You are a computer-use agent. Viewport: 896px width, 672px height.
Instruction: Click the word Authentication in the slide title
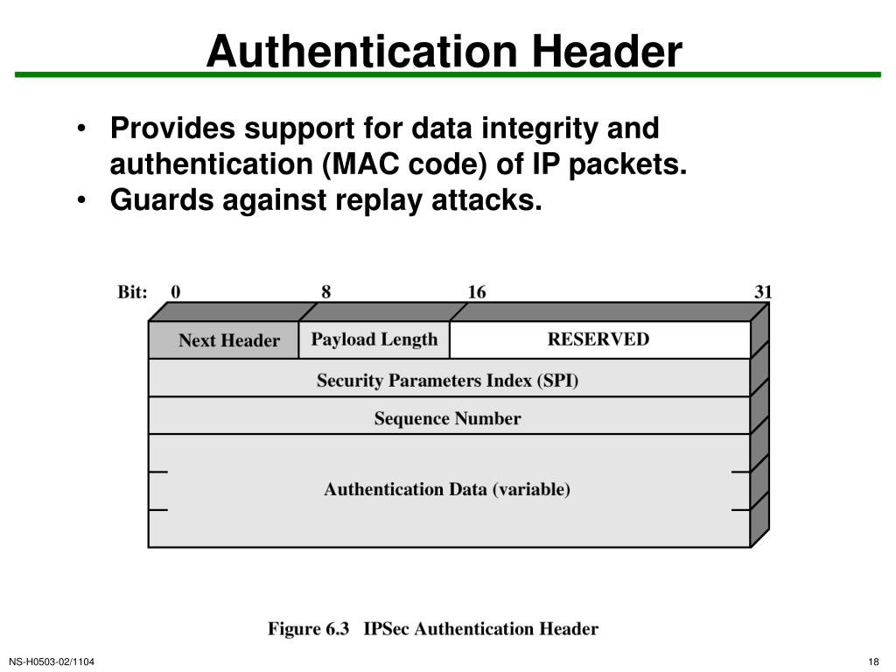356,52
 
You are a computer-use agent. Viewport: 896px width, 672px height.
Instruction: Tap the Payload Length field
374,339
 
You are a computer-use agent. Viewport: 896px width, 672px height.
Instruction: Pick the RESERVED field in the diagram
599,339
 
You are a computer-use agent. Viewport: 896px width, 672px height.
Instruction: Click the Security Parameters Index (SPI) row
448,381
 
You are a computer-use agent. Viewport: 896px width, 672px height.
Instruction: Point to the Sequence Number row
448,418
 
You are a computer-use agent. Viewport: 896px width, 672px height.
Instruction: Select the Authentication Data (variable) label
447,489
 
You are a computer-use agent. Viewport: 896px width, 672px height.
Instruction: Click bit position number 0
176,292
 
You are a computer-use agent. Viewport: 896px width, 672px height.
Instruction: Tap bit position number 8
326,292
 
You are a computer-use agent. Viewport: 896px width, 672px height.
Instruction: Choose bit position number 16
477,292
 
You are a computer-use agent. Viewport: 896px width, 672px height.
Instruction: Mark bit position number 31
763,292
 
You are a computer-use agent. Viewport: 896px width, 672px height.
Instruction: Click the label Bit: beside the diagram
132,292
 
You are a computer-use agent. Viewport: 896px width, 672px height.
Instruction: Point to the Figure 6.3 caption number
308,628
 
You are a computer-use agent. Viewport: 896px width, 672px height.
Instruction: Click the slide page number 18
873,661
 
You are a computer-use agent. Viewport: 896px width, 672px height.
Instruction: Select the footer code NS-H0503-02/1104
52,661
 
